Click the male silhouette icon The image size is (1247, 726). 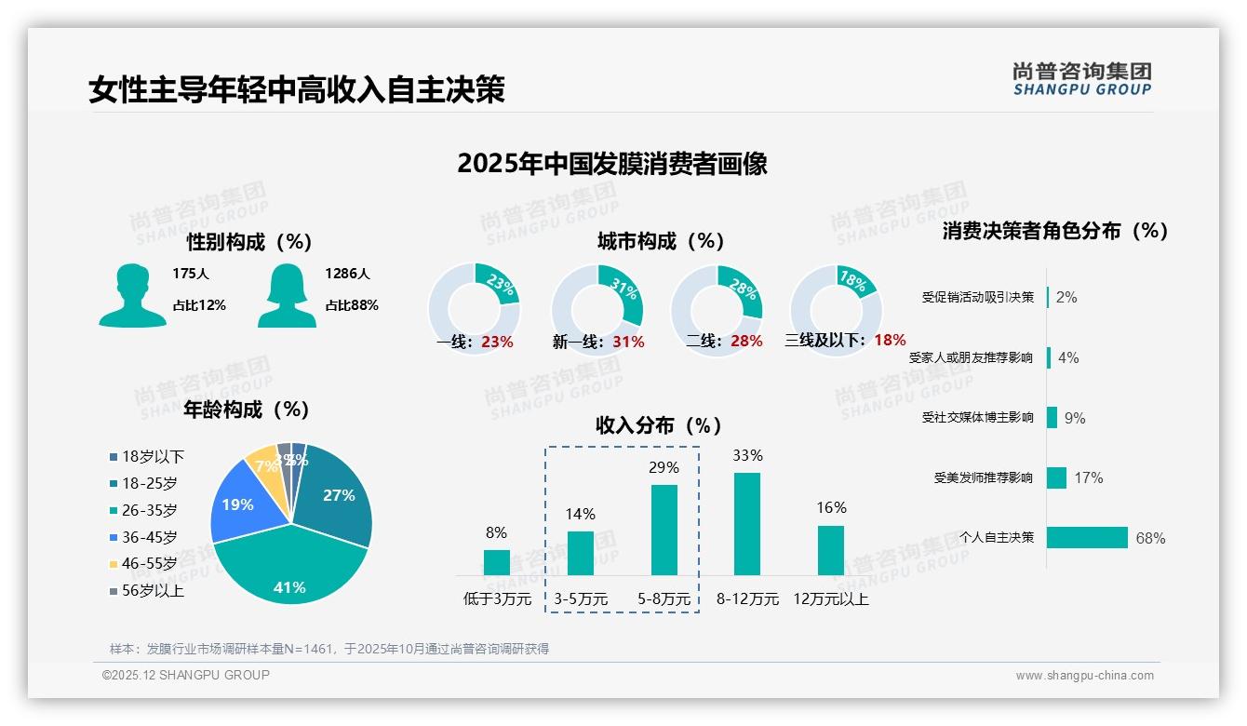(132, 295)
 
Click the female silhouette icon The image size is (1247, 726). (287, 295)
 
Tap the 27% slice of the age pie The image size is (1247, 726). (337, 498)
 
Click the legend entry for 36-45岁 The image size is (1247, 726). (149, 537)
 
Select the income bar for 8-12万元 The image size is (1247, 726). (746, 524)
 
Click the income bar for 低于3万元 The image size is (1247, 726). (497, 562)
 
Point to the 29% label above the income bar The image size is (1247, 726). (664, 467)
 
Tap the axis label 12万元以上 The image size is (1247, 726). (830, 599)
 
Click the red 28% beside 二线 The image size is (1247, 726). (746, 342)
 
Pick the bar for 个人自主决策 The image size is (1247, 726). (1087, 537)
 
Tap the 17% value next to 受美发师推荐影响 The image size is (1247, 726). (1088, 477)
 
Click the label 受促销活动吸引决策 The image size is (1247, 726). (977, 297)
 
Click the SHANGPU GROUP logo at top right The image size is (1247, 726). (1081, 79)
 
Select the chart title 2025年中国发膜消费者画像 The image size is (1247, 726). (611, 164)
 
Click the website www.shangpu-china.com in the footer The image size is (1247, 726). (1084, 676)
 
